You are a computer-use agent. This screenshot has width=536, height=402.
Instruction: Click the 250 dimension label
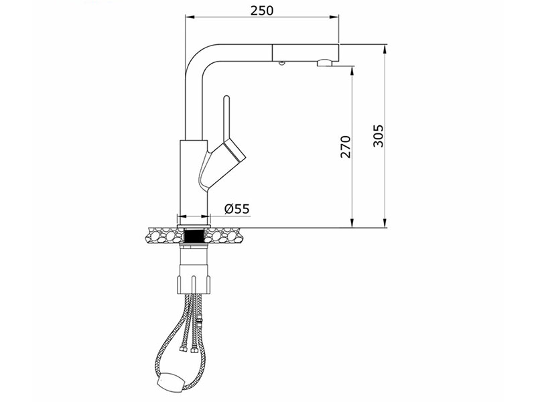tap(262, 11)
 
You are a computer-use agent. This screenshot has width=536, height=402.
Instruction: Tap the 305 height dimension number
tap(378, 136)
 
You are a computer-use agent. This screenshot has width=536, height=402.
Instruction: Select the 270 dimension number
tap(346, 147)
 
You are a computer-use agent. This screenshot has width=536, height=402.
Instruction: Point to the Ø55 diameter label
tap(237, 208)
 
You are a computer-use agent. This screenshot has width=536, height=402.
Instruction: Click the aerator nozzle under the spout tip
tap(324, 63)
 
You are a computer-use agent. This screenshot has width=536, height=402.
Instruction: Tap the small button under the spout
tap(281, 63)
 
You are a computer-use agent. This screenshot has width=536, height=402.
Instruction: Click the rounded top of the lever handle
tap(226, 98)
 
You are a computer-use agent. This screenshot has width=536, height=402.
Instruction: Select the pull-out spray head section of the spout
tap(306, 52)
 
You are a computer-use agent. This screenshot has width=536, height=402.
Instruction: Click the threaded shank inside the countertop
tap(194, 237)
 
